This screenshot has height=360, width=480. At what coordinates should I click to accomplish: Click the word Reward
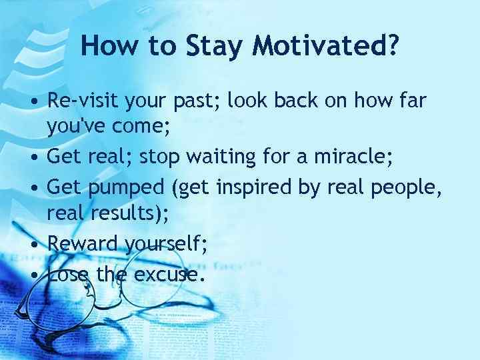click(x=83, y=244)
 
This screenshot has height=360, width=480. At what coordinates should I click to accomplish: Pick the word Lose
click(x=69, y=273)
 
